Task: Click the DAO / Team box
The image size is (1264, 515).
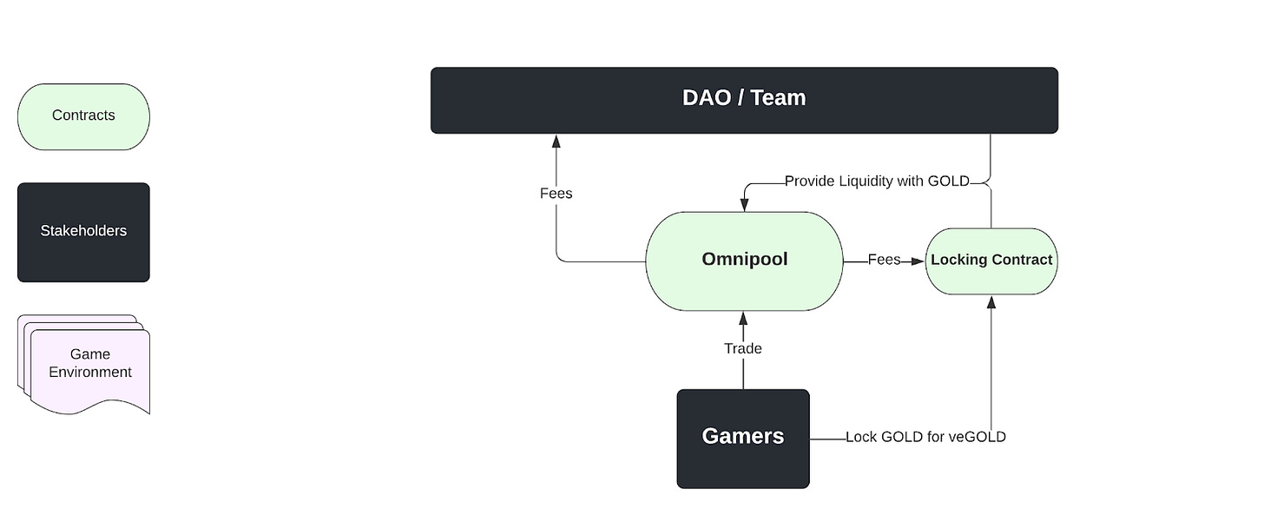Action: point(744,101)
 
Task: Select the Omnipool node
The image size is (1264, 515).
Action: point(744,261)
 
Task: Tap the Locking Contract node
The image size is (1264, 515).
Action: point(991,261)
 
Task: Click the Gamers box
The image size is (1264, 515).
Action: point(743,439)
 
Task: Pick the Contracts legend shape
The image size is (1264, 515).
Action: point(83,117)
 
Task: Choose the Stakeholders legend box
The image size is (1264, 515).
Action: point(83,232)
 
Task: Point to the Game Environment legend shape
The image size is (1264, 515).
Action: point(84,364)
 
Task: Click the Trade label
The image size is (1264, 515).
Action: point(743,348)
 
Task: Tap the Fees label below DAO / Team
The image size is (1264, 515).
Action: point(556,194)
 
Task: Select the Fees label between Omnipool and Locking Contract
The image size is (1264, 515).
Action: point(885,259)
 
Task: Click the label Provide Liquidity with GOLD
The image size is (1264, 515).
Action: point(877,182)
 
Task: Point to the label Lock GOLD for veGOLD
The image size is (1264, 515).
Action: point(925,437)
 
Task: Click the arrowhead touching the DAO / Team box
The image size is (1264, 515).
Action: point(556,142)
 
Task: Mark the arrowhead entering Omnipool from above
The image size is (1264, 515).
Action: point(744,205)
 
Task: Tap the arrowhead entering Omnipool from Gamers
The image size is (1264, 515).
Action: point(743,319)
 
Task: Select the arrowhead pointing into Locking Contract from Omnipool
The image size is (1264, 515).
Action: point(918,261)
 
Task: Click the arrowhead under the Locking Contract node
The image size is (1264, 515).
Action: point(991,302)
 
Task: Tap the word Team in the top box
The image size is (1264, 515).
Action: point(778,97)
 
